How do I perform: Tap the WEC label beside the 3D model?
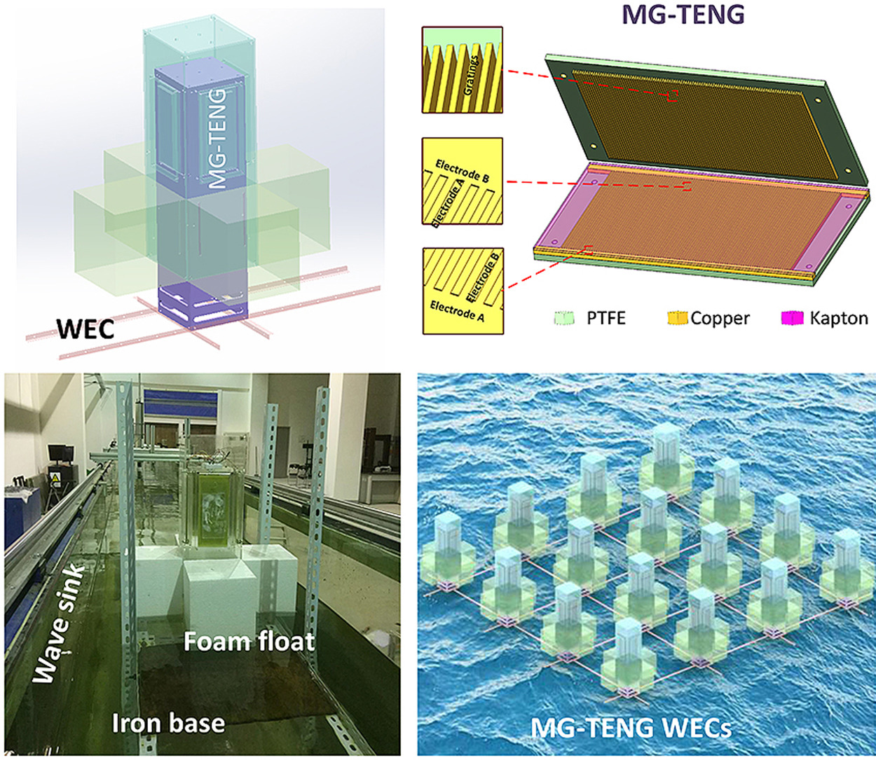[x=86, y=329]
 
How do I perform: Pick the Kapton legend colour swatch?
[x=792, y=319]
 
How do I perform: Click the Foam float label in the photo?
[x=249, y=641]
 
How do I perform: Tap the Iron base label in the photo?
[x=168, y=722]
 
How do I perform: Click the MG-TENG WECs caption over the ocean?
[x=631, y=728]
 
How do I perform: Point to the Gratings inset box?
[x=463, y=69]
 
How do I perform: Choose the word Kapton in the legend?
[x=839, y=319]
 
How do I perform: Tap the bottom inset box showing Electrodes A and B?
[x=463, y=291]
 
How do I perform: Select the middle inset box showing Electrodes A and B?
[x=463, y=181]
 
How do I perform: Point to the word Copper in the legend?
[x=720, y=319]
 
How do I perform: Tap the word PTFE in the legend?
[x=605, y=319]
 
